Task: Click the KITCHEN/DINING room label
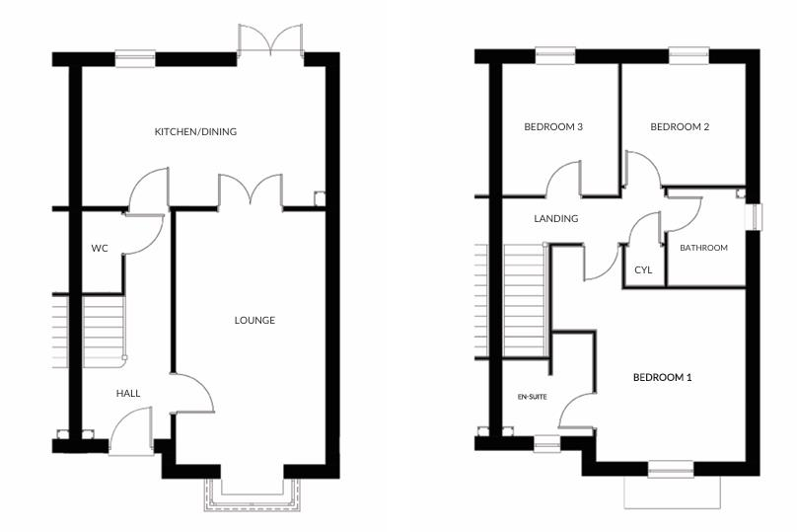click(x=195, y=131)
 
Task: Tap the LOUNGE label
click(x=254, y=320)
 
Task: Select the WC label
click(x=99, y=248)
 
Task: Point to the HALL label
click(x=128, y=393)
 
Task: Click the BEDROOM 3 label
click(x=553, y=126)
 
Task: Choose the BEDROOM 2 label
click(x=680, y=126)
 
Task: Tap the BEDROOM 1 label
click(x=662, y=378)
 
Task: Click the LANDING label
click(x=555, y=218)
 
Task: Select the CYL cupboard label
click(x=643, y=268)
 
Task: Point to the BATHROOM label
click(x=703, y=248)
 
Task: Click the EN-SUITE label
click(x=533, y=397)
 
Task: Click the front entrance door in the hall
click(x=131, y=434)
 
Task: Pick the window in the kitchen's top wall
click(x=136, y=58)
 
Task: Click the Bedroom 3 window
click(x=555, y=55)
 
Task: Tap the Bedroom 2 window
click(x=688, y=55)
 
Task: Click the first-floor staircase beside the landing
click(x=524, y=301)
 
